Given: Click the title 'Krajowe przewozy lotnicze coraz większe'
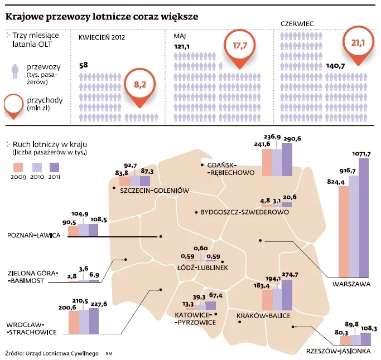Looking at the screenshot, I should point(101,17).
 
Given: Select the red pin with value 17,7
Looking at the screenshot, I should point(239,46).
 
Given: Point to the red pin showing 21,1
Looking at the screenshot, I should point(357,43).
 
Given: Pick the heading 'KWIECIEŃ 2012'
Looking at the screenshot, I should point(102,37).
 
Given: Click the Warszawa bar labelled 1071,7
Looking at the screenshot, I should point(364,217).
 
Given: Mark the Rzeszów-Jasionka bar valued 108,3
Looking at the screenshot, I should point(365,339).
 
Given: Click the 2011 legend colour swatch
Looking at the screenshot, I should point(55,167).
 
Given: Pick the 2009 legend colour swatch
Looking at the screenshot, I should point(18,167).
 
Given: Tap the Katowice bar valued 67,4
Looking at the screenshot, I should point(210,305).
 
